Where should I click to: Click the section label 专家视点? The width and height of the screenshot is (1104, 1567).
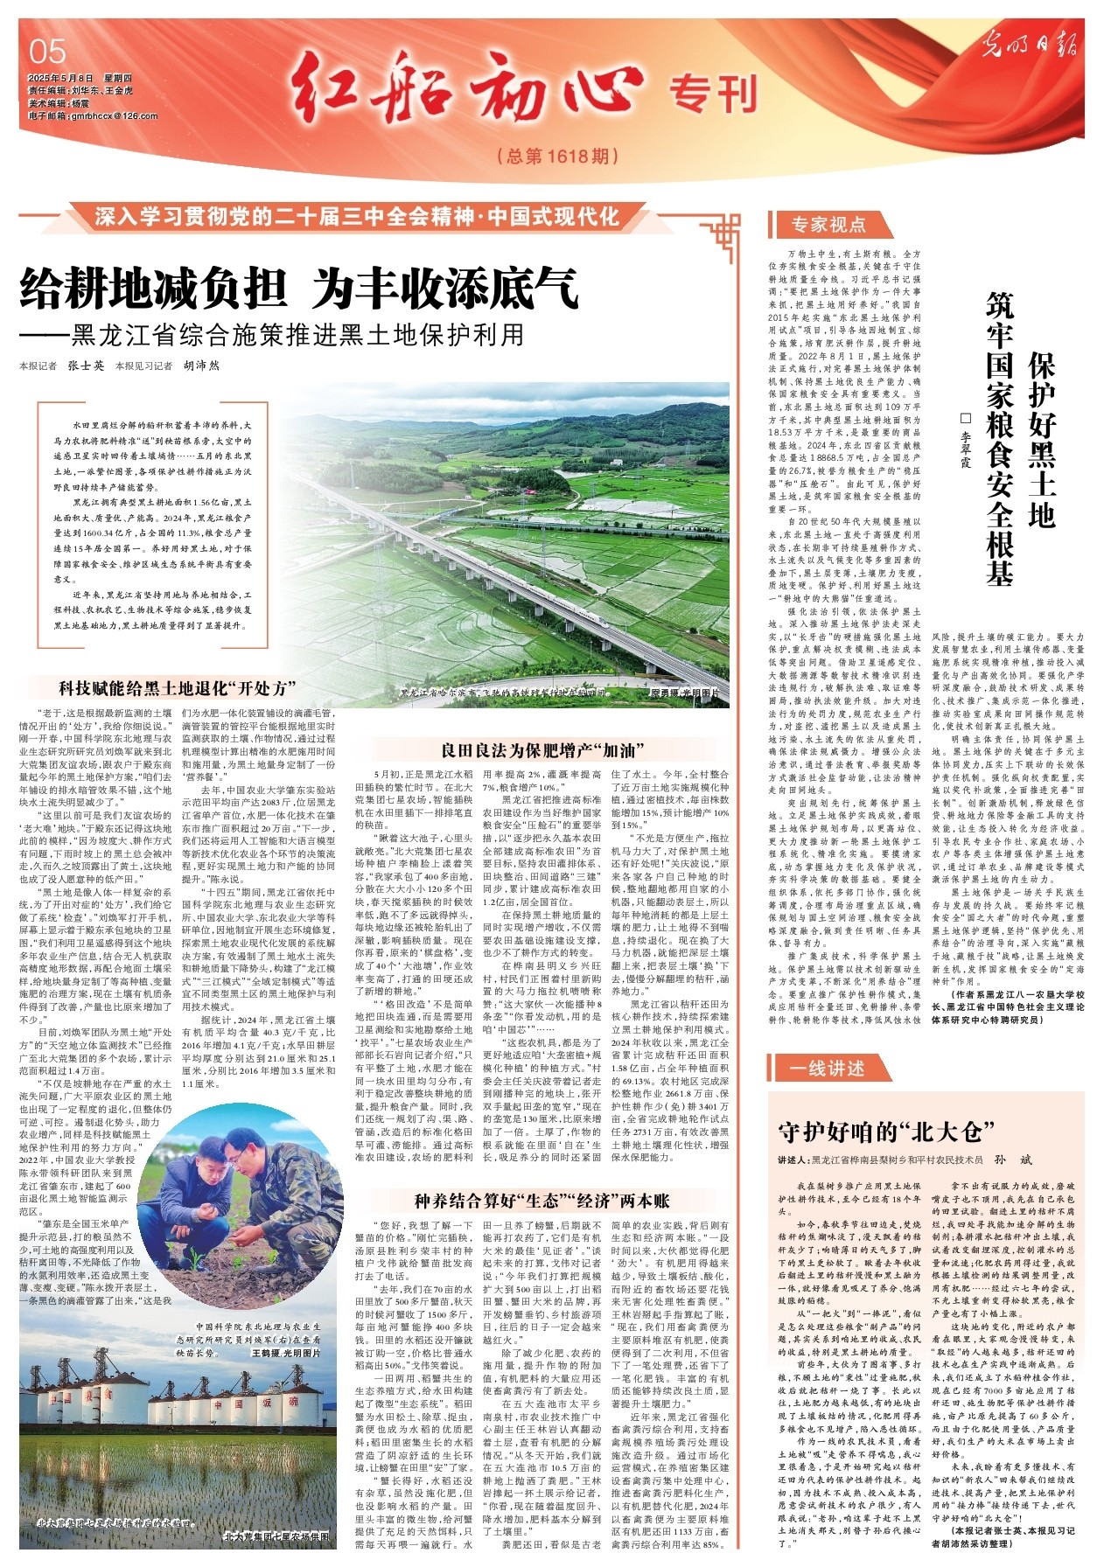click(x=828, y=226)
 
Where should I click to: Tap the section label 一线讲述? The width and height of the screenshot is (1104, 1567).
click(x=826, y=1069)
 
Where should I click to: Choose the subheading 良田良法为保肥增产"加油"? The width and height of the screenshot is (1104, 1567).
click(x=542, y=749)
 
